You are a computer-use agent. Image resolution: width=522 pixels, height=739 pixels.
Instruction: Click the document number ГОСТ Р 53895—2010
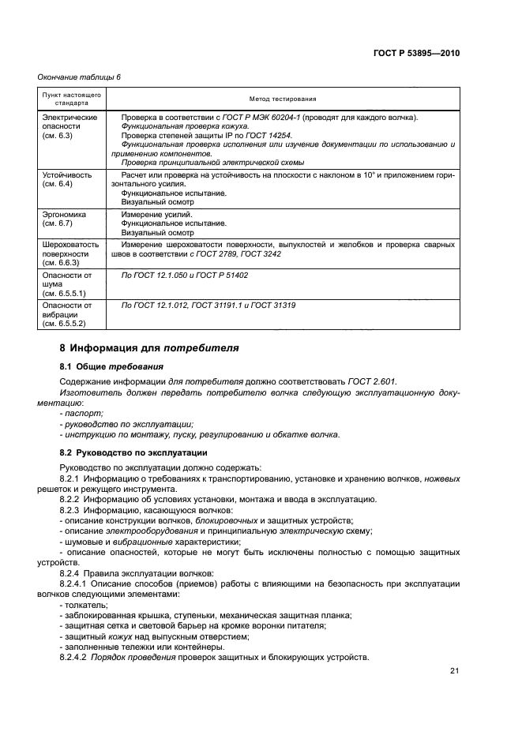[416, 54]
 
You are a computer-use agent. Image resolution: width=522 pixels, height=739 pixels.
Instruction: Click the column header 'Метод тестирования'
[282, 99]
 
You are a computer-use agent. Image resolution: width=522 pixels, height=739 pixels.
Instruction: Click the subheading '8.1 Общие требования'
[112, 366]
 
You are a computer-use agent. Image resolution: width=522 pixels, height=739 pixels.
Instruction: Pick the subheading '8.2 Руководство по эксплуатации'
[133, 452]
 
